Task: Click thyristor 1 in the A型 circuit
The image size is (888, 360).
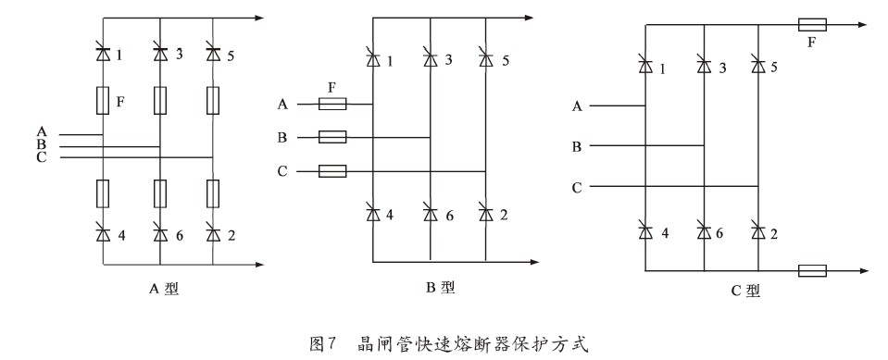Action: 103,54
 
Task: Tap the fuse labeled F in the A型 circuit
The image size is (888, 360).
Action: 103,99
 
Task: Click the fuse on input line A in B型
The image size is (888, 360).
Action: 332,105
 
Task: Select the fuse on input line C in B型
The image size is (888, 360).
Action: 332,171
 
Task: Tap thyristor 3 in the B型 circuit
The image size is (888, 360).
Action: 431,60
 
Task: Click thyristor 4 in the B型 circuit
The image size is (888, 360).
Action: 373,215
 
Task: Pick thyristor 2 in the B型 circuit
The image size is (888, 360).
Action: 485,215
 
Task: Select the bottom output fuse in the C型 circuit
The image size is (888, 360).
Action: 811,270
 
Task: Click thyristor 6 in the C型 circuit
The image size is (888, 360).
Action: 704,230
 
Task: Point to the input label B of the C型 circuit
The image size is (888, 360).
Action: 576,146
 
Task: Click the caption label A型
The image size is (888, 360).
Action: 163,288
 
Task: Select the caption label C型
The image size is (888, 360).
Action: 746,290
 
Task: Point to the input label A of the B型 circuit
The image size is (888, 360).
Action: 281,105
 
